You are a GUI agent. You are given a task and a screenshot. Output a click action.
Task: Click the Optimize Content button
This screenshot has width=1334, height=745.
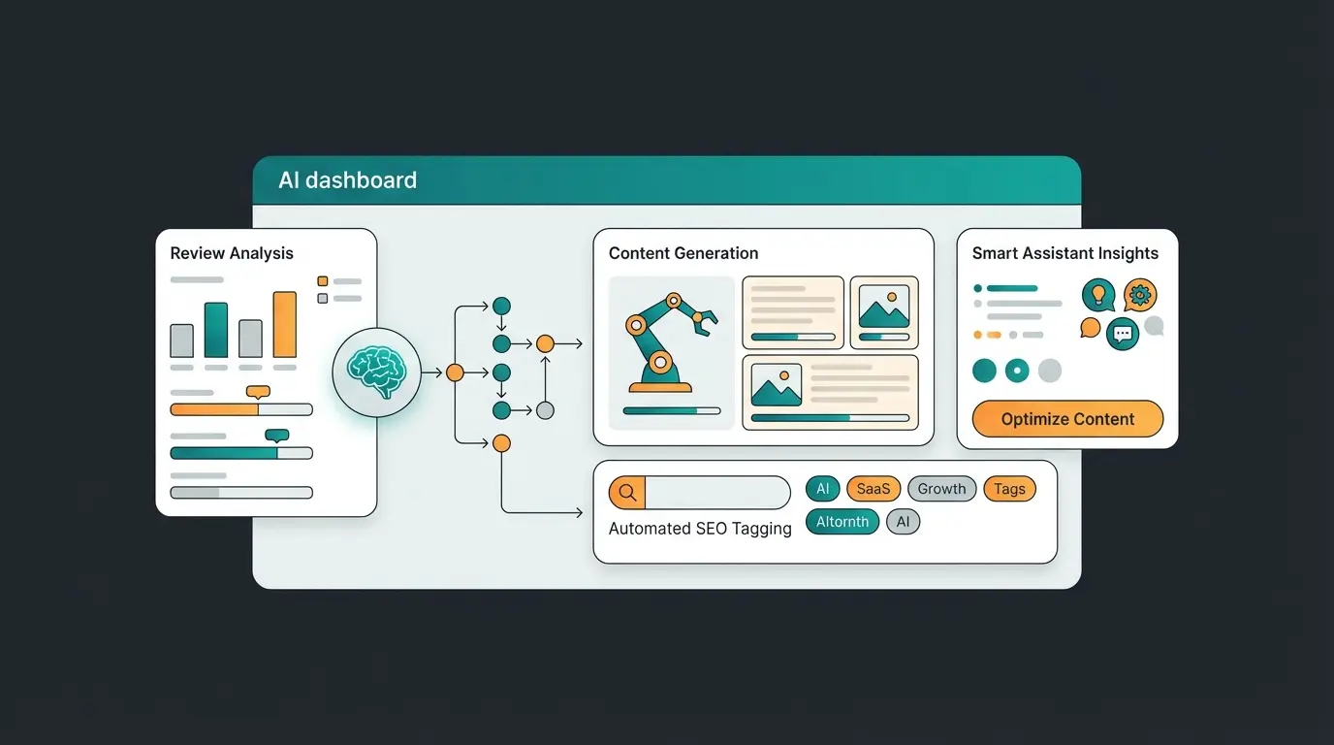1067,419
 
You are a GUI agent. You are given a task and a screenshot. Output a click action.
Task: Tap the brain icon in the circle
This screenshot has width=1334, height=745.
376,372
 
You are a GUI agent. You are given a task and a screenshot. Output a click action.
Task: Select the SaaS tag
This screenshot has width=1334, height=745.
873,489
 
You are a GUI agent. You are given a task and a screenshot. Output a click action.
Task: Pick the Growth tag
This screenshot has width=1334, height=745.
941,489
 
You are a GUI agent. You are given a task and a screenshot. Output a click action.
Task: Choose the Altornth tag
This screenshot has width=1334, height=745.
842,522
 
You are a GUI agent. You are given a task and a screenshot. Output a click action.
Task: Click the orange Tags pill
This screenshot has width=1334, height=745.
1009,489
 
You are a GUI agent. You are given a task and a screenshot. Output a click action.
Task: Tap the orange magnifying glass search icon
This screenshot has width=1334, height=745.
627,493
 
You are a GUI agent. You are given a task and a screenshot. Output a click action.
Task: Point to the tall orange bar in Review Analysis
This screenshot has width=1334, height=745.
284,325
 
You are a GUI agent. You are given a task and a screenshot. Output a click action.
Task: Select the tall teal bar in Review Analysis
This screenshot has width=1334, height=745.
216,330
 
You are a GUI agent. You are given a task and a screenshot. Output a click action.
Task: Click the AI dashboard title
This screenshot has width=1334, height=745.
347,180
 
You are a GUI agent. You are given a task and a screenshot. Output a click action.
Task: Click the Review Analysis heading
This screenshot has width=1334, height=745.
232,253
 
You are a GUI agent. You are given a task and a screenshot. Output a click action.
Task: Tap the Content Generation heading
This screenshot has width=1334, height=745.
683,253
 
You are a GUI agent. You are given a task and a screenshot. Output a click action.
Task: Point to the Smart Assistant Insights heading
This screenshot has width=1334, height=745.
1065,253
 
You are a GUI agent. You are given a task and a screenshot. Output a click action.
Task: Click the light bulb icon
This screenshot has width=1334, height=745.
1098,294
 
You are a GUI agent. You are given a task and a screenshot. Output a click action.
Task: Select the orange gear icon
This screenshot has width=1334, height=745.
1140,294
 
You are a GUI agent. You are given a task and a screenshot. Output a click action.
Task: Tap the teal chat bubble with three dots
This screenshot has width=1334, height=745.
1123,334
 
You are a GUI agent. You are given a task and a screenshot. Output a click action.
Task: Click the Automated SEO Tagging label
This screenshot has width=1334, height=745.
700,529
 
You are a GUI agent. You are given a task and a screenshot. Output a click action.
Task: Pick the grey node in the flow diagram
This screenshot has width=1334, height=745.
545,410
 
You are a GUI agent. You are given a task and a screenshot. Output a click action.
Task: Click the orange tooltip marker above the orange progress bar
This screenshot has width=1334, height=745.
258,392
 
